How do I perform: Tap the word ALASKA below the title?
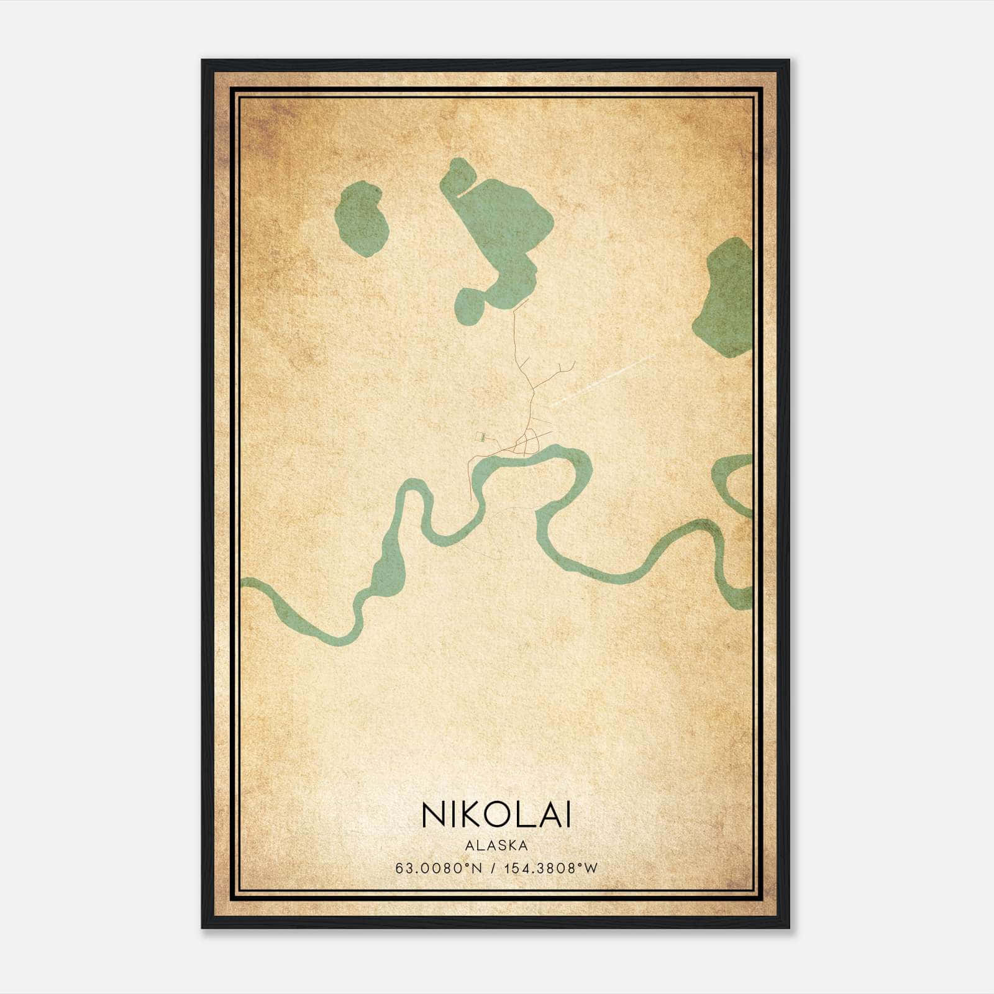(496, 846)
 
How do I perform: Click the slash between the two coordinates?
(492, 869)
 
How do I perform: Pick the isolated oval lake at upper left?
(362, 219)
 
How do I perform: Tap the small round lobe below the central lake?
(470, 306)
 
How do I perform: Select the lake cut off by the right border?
(727, 298)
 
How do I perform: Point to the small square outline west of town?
(480, 436)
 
